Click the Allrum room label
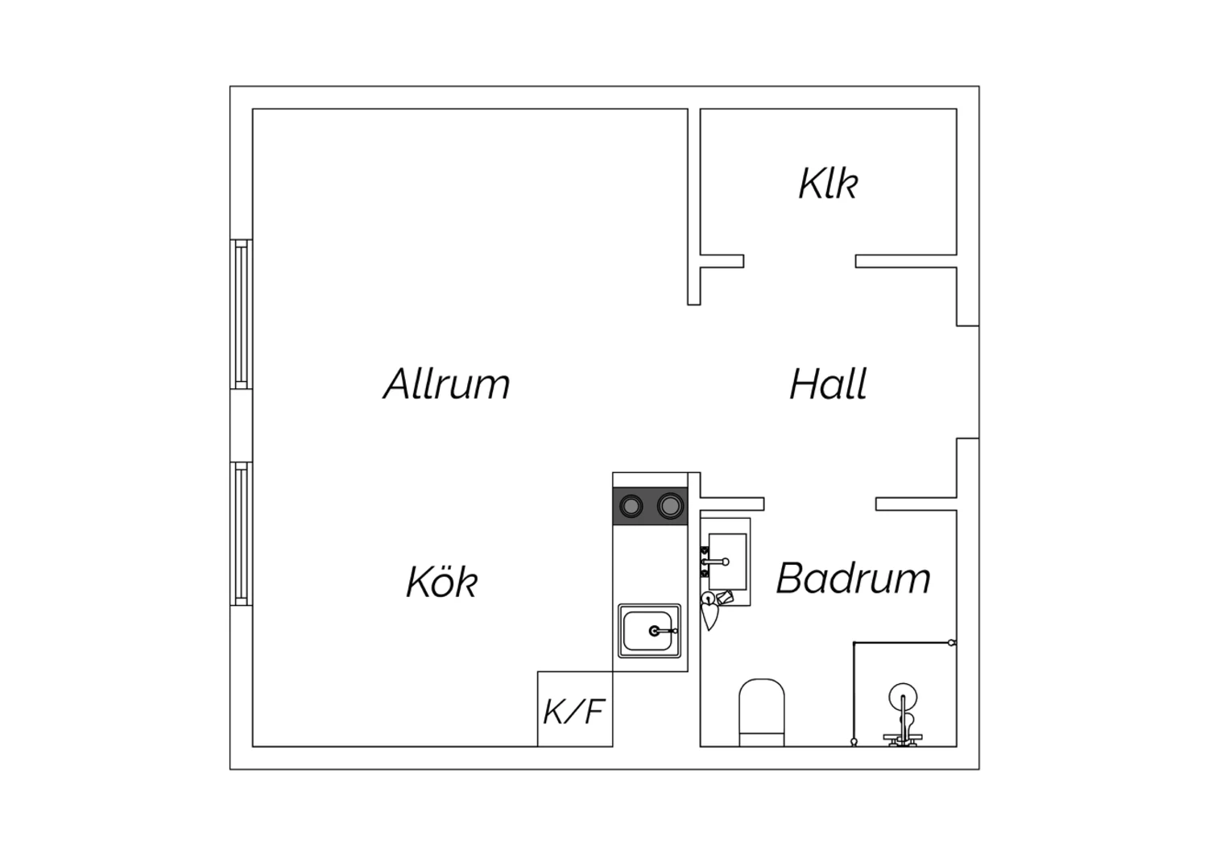(446, 383)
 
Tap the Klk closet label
(828, 184)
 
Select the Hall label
(829, 383)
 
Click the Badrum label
(853, 578)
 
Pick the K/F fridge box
(575, 709)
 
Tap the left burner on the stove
(631, 506)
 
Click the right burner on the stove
(670, 506)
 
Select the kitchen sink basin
(649, 631)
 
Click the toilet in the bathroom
(762, 713)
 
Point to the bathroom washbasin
(727, 562)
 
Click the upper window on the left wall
(242, 314)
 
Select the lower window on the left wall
(242, 533)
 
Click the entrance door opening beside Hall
(968, 382)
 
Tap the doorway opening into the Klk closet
(800, 261)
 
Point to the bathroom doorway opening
(820, 504)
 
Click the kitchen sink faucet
(664, 631)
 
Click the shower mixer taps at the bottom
(903, 739)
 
